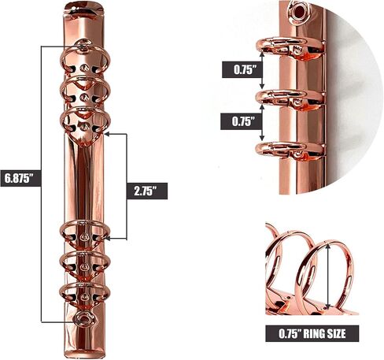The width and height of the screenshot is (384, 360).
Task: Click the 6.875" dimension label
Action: pos(20,178)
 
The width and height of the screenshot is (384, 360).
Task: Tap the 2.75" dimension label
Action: pos(147,191)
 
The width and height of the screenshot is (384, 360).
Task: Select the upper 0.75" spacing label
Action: pos(242,69)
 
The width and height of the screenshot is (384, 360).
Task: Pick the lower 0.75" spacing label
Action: pos(241,121)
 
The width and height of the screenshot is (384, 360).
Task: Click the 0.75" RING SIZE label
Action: pos(312,333)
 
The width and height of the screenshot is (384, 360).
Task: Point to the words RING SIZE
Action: pos(324,333)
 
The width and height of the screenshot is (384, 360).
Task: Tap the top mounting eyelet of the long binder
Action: pos(83,46)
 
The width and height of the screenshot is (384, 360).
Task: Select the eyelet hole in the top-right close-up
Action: pos(299,10)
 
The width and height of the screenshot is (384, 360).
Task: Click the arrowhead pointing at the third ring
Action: pos(107,134)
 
